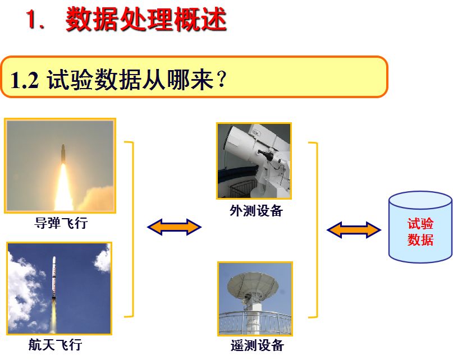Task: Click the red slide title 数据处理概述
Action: [x=146, y=20]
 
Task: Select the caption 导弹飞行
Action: [x=61, y=223]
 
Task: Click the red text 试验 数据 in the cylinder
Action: [x=420, y=232]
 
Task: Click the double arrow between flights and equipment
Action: [x=174, y=227]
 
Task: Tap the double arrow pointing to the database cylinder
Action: [x=354, y=230]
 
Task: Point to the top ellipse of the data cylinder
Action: [x=420, y=201]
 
